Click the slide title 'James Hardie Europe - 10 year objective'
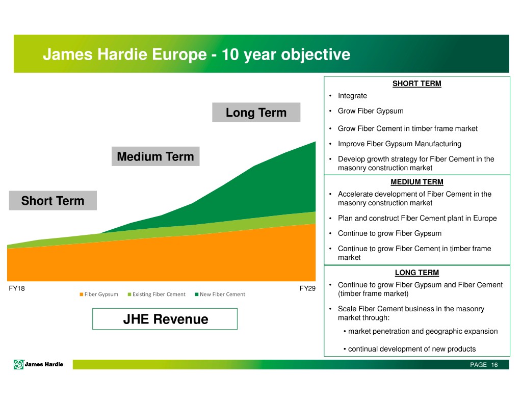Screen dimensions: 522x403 point(196,55)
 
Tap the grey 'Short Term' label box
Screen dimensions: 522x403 point(53,200)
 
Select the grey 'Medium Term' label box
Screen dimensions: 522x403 point(155,156)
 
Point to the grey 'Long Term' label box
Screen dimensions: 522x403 point(256,113)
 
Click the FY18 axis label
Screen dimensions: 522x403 point(17,288)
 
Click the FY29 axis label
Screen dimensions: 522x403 point(307,288)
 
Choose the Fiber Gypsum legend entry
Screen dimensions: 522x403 point(99,294)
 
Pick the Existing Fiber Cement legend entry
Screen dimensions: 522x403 point(156,294)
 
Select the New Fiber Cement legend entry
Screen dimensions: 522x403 point(220,294)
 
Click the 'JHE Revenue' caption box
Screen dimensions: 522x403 point(165,319)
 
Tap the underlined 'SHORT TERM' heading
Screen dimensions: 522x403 point(417,84)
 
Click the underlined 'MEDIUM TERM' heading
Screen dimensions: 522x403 point(417,182)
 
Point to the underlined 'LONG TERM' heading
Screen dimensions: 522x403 point(417,273)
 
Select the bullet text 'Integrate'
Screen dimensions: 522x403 point(352,96)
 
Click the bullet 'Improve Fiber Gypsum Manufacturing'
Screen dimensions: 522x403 point(400,144)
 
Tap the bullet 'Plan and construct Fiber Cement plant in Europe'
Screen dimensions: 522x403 point(417,218)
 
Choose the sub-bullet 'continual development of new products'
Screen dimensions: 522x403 point(412,349)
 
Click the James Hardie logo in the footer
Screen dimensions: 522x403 point(39,364)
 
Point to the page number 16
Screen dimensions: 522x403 point(494,365)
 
